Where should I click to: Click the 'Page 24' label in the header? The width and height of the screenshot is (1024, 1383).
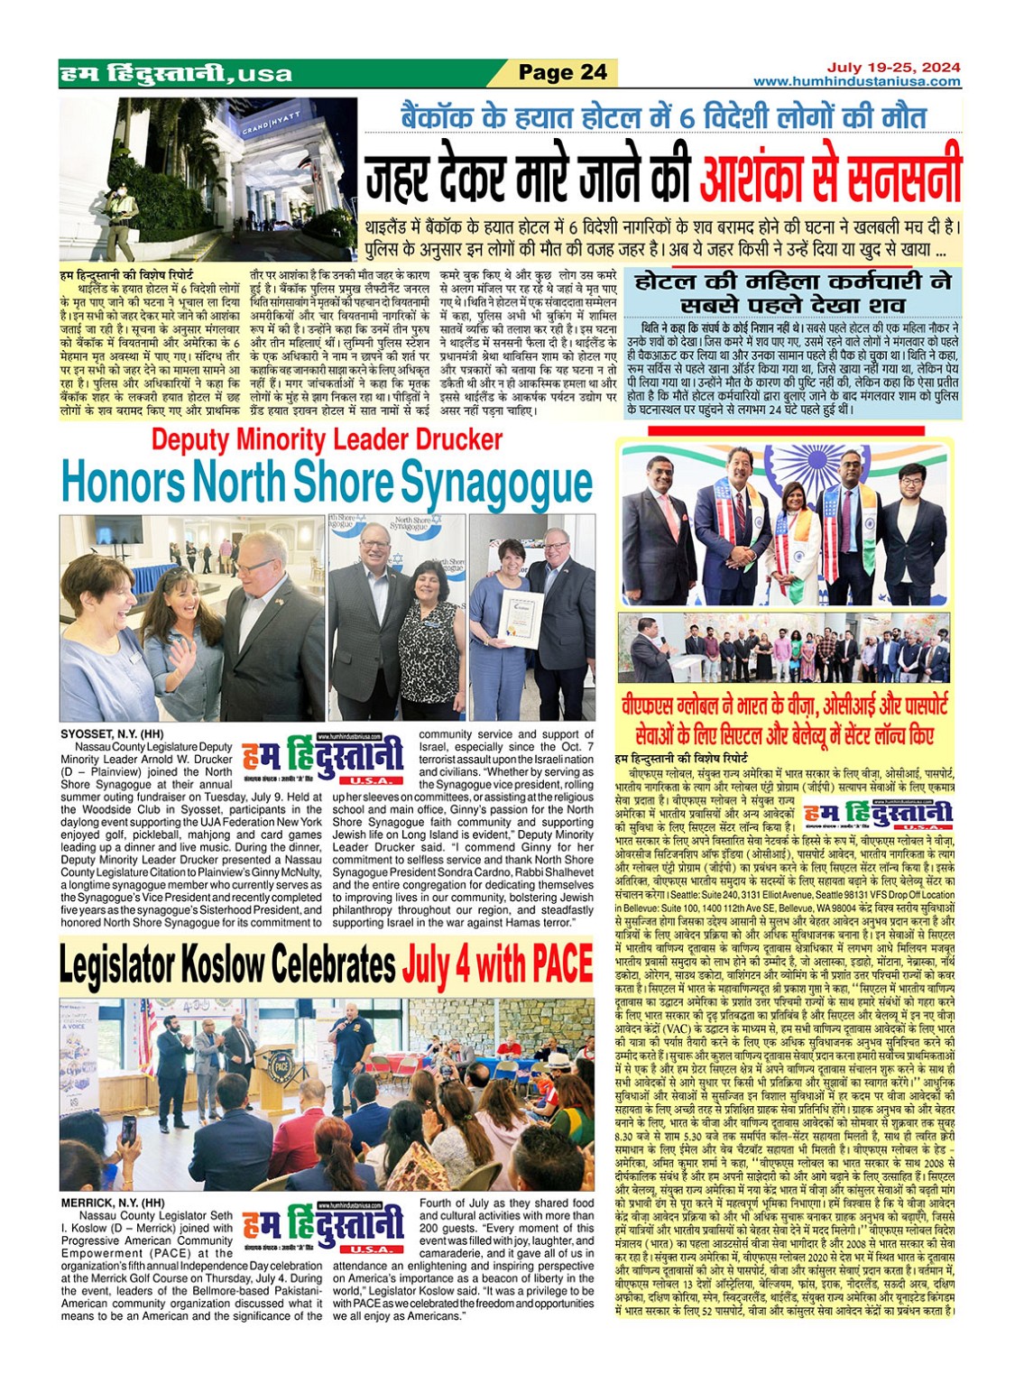(563, 72)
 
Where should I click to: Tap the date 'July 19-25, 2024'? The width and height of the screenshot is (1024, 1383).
(893, 68)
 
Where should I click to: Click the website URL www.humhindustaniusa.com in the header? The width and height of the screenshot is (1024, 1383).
(856, 81)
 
